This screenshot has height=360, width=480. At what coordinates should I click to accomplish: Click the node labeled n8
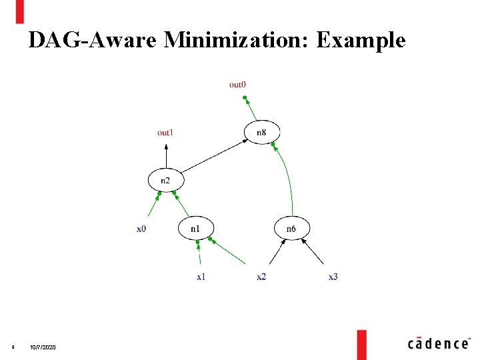click(262, 132)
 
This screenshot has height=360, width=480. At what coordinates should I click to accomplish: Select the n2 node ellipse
click(165, 180)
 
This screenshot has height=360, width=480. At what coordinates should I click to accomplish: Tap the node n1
click(195, 229)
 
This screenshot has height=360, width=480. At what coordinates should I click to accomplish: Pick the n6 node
click(291, 229)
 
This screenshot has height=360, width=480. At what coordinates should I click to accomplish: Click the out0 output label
click(237, 85)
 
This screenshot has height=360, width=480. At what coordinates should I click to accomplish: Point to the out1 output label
click(165, 133)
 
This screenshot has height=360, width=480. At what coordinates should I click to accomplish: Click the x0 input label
click(141, 229)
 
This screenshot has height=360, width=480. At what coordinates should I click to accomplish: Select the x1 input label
click(200, 277)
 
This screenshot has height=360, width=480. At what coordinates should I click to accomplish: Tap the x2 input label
click(261, 277)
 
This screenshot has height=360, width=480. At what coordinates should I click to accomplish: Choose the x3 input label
click(333, 277)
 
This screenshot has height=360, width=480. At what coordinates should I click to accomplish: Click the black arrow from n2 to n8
click(213, 156)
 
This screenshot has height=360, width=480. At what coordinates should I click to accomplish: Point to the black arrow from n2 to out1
click(165, 155)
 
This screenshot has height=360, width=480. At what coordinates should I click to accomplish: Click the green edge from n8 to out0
click(251, 109)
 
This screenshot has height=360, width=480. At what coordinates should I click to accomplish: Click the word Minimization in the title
click(237, 41)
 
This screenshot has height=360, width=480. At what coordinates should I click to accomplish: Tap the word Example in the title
click(361, 41)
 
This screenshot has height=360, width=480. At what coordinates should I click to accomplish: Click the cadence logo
click(438, 343)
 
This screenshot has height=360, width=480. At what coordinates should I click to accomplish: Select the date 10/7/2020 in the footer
click(44, 349)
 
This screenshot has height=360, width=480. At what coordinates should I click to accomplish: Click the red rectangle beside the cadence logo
click(361, 343)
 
